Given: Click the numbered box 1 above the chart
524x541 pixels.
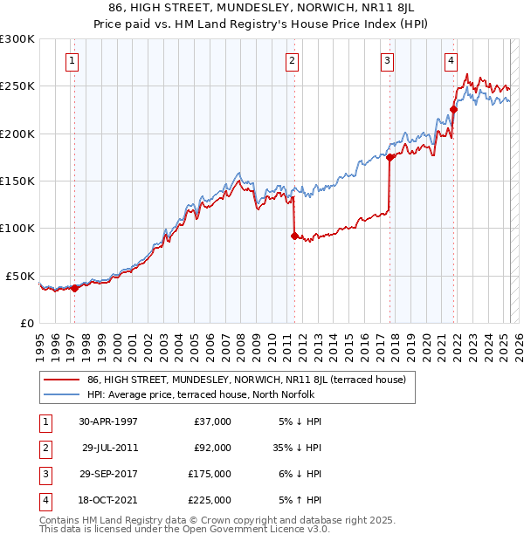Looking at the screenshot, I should click(71, 60).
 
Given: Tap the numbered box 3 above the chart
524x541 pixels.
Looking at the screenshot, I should click(387, 60).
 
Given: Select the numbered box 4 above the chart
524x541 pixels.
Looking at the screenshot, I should click(451, 60).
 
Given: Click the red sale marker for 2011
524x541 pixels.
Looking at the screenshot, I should click(294, 236).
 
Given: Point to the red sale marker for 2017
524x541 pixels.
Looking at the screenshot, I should click(390, 158).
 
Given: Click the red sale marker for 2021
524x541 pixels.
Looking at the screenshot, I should click(453, 110).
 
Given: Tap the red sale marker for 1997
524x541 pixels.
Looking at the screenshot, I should click(74, 288).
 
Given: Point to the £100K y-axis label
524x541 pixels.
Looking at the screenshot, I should click(17, 228).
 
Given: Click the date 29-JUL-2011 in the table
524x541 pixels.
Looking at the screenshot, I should click(110, 448).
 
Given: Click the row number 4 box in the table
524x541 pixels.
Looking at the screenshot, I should click(44, 500).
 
